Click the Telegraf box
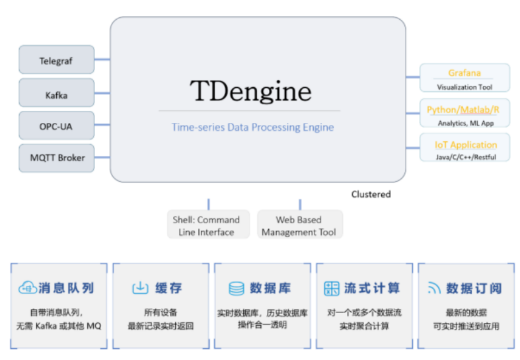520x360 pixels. (x=56, y=60)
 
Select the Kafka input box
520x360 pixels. (x=56, y=94)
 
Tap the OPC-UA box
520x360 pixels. (x=56, y=126)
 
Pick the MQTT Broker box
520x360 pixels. (x=56, y=157)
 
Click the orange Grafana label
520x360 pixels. (x=464, y=73)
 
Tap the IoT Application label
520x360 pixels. (x=465, y=145)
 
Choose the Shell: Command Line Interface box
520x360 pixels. (x=206, y=225)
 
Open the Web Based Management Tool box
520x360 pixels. (x=299, y=225)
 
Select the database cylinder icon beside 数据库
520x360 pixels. (x=236, y=288)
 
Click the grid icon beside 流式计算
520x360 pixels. (x=332, y=288)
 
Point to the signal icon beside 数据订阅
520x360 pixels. (x=434, y=288)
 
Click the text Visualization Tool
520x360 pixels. (x=464, y=87)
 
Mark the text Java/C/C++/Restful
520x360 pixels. (x=465, y=157)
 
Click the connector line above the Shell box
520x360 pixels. (x=209, y=204)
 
